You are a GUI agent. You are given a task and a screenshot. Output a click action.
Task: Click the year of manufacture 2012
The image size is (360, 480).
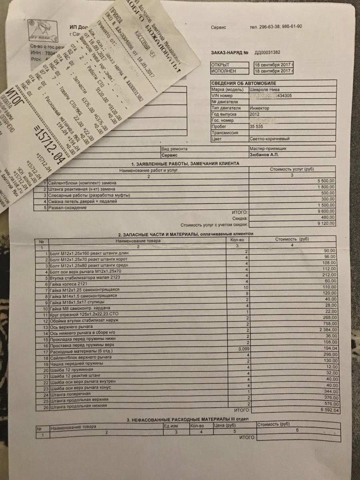(260, 114)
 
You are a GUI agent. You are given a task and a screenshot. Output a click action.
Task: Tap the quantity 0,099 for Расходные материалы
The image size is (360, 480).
(243, 349)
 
